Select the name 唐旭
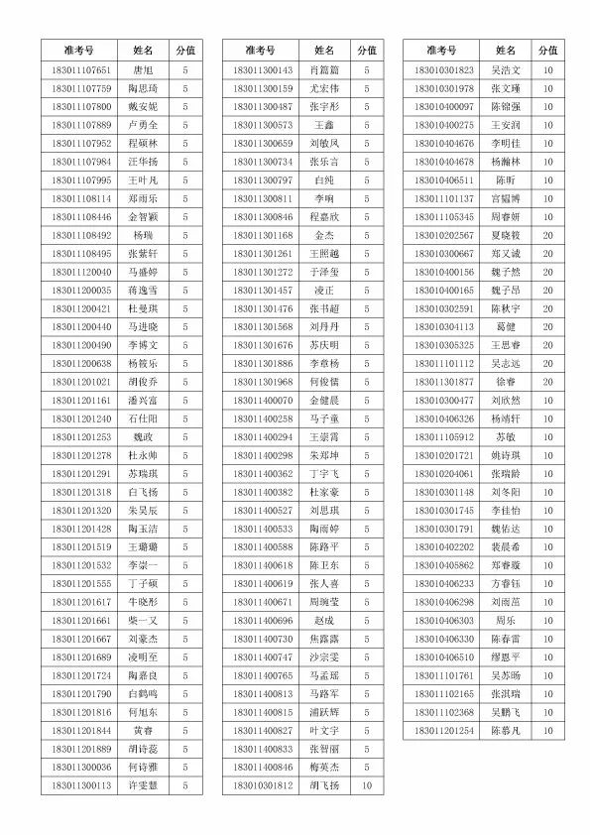coord(143,69)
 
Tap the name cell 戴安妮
coord(143,106)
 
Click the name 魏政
coord(143,436)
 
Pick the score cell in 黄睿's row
coord(185,730)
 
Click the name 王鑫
coord(324,125)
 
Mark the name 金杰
coord(324,235)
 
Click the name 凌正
coord(324,290)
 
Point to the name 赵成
coord(324,620)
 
